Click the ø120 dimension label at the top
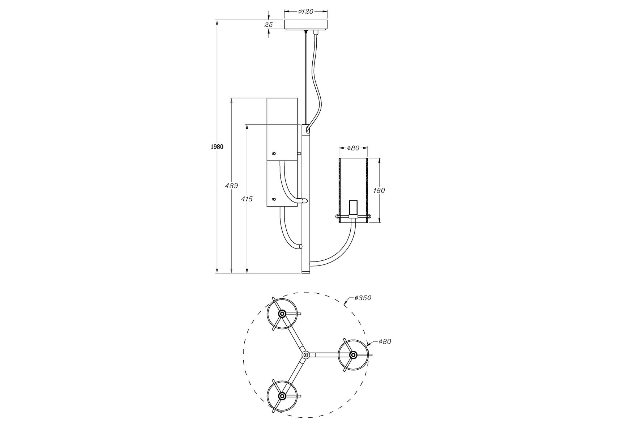(x=305, y=12)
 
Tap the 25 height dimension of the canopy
(x=269, y=25)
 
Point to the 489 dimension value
(x=231, y=186)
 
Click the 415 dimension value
(x=247, y=199)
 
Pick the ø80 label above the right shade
(x=353, y=148)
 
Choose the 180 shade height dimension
(x=379, y=190)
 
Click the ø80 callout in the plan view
(x=385, y=341)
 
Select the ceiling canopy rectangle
(x=306, y=25)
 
